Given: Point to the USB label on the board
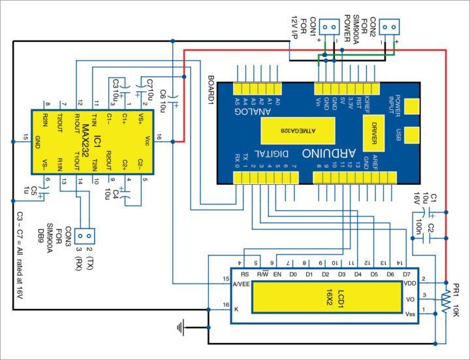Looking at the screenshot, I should (398, 135).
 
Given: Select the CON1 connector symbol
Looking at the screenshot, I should (330, 27).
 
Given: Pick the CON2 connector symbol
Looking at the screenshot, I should (390, 27).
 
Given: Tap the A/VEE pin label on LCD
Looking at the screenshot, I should (241, 284).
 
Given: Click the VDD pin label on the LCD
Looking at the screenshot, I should (410, 284).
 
